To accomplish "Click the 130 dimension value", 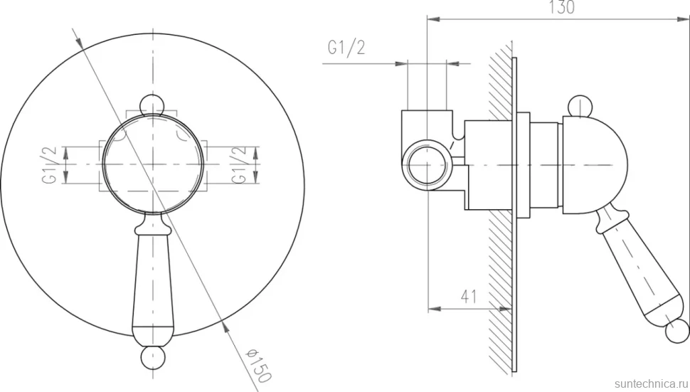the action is pyautogui.click(x=561, y=7).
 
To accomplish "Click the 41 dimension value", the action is pyautogui.click(x=469, y=297).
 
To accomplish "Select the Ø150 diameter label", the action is pyautogui.click(x=258, y=365).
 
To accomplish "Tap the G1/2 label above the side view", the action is pyautogui.click(x=346, y=48).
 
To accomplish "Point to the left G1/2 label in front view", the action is pyautogui.click(x=49, y=165).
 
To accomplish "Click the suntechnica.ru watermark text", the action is pyautogui.click(x=652, y=383).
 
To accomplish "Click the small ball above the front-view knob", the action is pyautogui.click(x=152, y=105).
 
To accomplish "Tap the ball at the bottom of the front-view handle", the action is pyautogui.click(x=153, y=357).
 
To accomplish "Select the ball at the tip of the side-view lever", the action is pyautogui.click(x=677, y=331).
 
